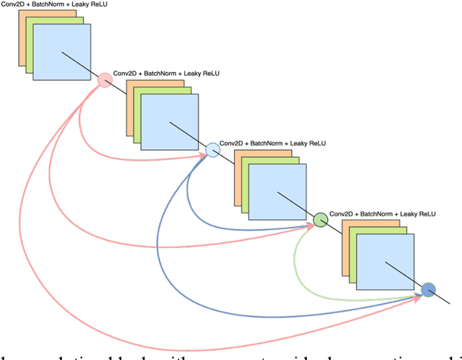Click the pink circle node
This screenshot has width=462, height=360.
tap(104, 81)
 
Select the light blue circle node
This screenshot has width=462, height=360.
tap(213, 150)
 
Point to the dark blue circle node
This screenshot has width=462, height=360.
tap(429, 289)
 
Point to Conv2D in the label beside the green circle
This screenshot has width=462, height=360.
tap(341, 214)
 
